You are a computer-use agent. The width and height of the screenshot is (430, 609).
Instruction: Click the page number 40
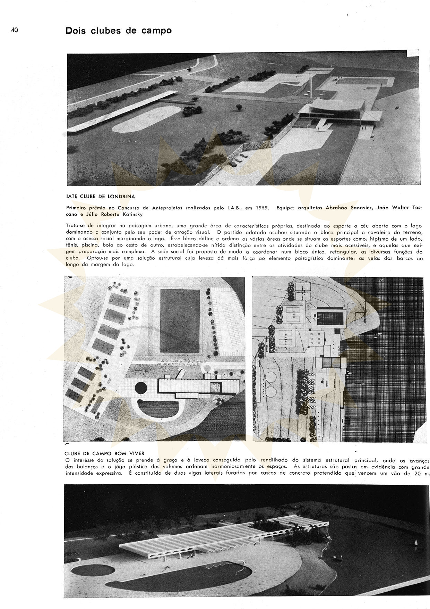tap(14, 30)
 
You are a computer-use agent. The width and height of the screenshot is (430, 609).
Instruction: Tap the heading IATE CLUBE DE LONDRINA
tap(100, 196)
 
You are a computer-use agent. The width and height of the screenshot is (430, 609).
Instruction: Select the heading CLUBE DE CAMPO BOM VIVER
tap(104, 453)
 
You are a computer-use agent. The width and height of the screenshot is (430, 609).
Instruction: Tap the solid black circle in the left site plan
tap(142, 387)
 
